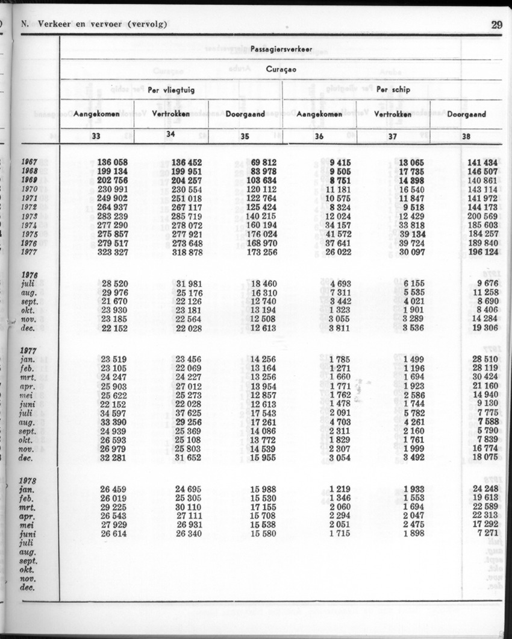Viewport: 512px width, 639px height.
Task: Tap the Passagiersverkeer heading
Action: pos(281,49)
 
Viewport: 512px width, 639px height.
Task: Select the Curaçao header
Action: pos(281,69)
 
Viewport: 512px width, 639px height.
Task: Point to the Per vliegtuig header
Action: pos(171,90)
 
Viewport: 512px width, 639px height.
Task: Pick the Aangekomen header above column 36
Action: pos(319,114)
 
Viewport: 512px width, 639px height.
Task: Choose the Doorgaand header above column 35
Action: pos(245,114)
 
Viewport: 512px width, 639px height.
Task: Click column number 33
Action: pos(96,136)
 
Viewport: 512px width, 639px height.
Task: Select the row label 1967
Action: pos(29,162)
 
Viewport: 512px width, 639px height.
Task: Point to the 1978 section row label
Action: pos(29,481)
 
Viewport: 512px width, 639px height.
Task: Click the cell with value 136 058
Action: pos(112,162)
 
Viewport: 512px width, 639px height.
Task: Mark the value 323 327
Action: pos(112,253)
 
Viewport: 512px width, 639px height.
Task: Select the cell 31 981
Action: pos(189,283)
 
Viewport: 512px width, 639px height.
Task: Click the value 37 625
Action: pos(189,414)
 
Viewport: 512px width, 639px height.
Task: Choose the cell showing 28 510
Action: pos(485,360)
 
